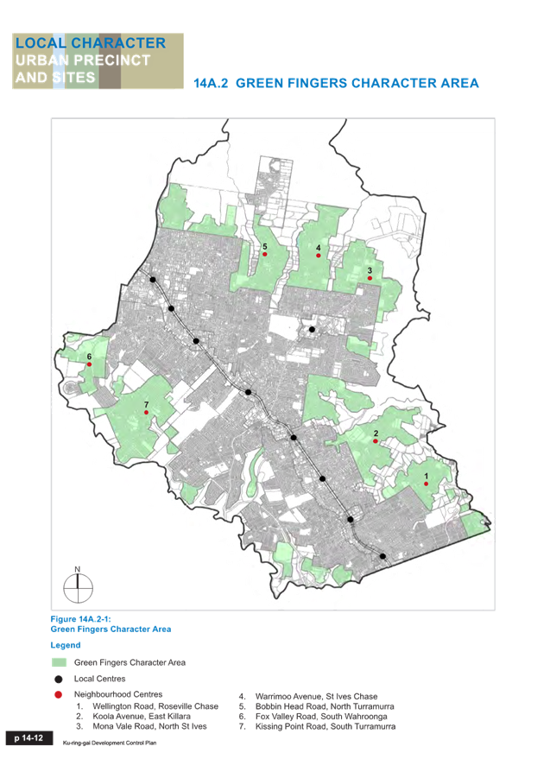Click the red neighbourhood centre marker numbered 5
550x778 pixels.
pos(265,256)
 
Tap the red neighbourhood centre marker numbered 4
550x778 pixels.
pos(319,256)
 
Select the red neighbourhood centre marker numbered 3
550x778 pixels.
pos(370,278)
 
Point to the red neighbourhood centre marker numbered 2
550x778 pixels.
pos(376,441)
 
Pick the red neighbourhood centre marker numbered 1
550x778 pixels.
pos(426,484)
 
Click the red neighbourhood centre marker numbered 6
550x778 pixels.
pos(89,364)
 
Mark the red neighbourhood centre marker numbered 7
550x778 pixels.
pos(146,413)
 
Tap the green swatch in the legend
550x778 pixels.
pos(59,662)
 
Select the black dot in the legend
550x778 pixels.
pos(59,679)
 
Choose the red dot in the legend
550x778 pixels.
pos(59,695)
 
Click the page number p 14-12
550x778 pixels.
pos(28,738)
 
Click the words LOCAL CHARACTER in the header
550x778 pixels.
pos(90,42)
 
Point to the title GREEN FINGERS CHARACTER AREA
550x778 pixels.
pos(357,84)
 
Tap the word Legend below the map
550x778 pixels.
pos(66,645)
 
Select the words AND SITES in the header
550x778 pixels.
pos(54,77)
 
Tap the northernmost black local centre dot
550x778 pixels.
pos(153,280)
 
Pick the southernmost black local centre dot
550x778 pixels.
pos(383,558)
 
